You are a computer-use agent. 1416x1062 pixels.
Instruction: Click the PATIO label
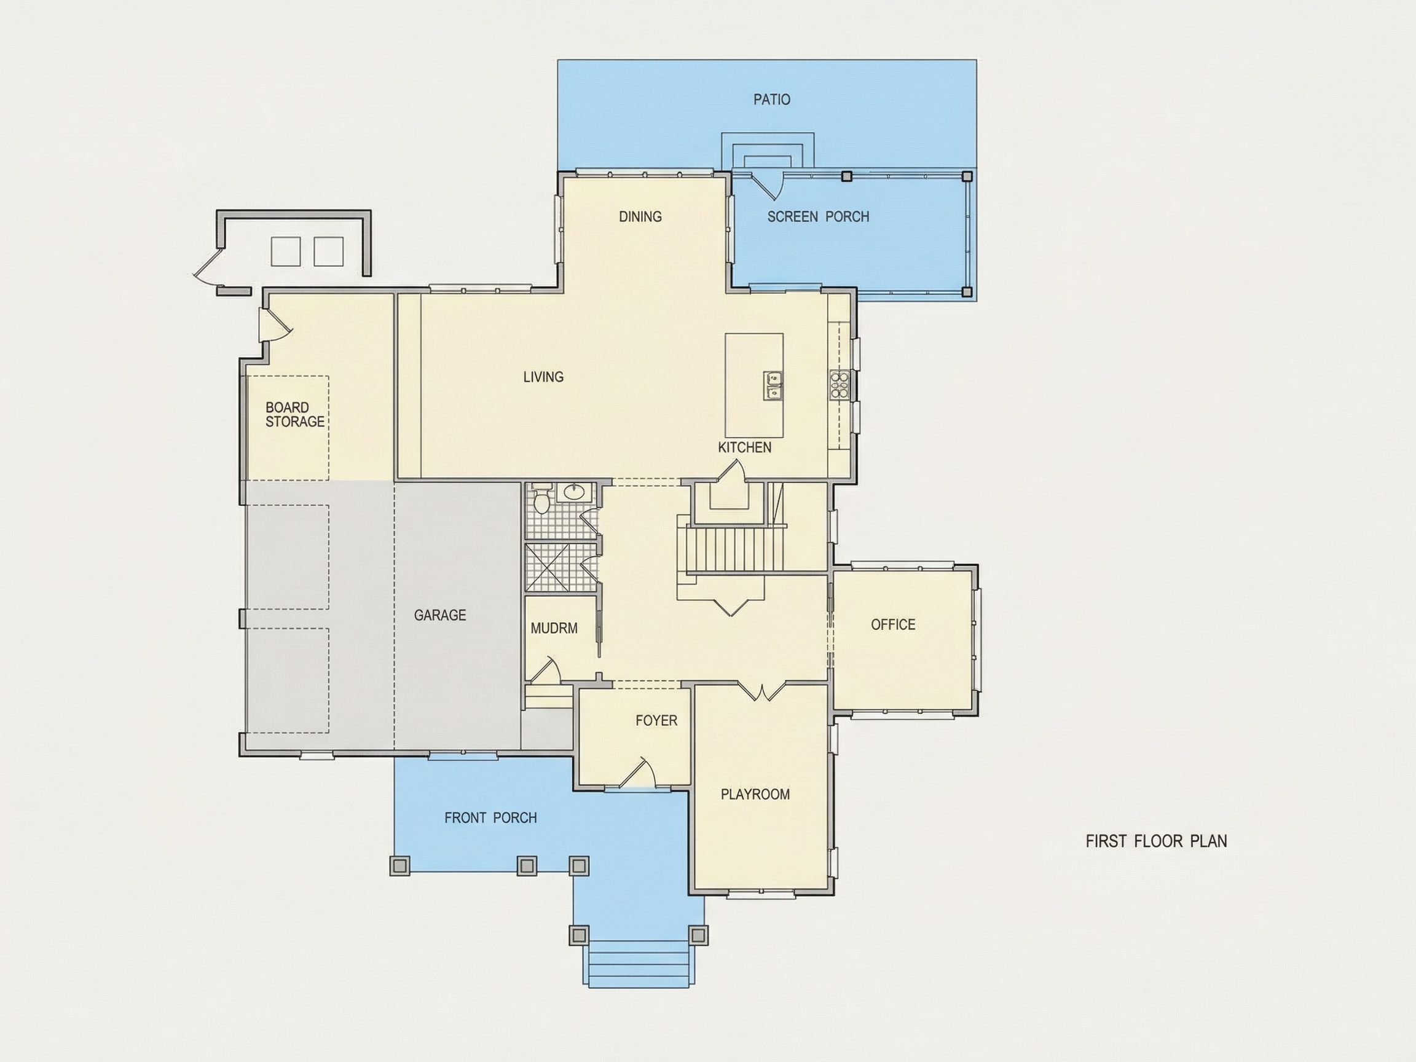tap(771, 99)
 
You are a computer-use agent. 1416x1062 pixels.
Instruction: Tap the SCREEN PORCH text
tap(818, 216)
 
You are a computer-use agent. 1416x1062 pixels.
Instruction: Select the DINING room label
tap(640, 216)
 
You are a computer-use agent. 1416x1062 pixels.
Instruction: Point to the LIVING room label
tap(543, 376)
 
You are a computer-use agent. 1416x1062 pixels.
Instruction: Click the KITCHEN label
tap(744, 447)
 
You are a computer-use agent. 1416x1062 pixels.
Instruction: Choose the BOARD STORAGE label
tap(295, 414)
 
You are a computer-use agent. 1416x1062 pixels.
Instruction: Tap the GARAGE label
tap(440, 615)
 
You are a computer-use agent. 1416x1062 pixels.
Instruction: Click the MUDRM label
tap(554, 628)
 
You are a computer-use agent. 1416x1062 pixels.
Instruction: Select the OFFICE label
tap(893, 624)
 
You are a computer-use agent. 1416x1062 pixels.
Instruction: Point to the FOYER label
tap(656, 720)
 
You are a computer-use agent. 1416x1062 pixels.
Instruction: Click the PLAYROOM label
tap(755, 794)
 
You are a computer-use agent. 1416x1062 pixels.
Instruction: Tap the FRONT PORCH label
tap(490, 817)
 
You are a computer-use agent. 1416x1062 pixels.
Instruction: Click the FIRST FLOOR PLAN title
tap(1156, 841)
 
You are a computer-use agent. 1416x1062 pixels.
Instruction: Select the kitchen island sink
tap(773, 386)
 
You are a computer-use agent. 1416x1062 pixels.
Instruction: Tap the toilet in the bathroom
tap(541, 499)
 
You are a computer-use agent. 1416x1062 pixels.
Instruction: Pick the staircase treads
tap(736, 548)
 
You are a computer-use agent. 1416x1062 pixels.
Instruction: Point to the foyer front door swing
tap(638, 773)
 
